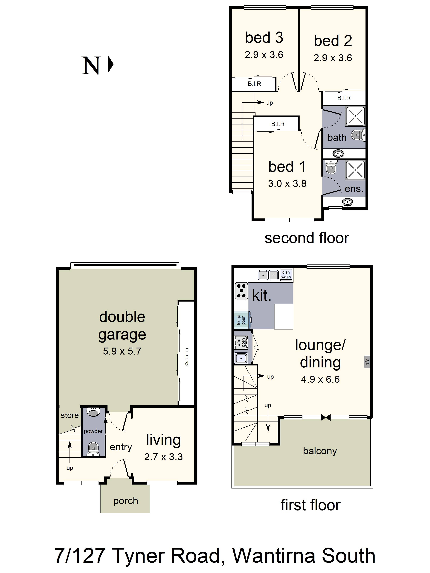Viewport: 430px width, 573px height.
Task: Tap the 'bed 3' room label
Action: tap(264, 38)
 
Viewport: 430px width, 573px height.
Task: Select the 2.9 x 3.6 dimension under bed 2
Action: tap(333, 58)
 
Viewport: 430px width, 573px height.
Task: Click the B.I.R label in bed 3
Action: tap(254, 84)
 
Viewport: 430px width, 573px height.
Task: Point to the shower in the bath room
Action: tap(355, 116)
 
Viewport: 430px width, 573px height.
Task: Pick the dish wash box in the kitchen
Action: tap(286, 275)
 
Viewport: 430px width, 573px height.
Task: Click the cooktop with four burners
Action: tap(241, 291)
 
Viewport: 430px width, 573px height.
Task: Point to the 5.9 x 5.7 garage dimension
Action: tap(122, 351)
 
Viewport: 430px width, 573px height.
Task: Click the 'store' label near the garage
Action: tap(70, 415)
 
